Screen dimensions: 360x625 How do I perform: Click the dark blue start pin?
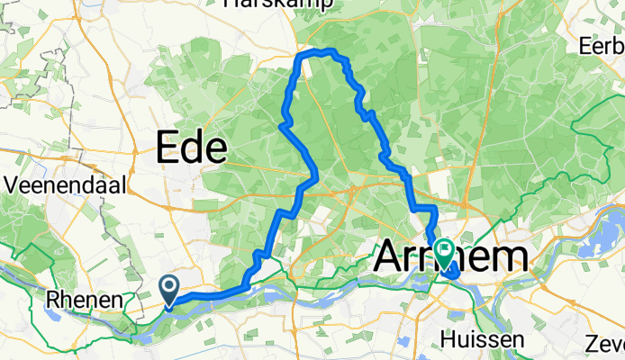click(169, 290)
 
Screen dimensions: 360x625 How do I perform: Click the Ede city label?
click(192, 147)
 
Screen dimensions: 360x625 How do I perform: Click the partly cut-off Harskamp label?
click(278, 4)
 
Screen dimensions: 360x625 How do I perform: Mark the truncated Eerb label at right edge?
click(602, 44)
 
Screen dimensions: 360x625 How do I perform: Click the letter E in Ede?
click(168, 147)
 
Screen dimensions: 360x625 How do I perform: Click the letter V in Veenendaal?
click(12, 184)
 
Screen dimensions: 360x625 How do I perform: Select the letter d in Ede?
click(193, 147)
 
